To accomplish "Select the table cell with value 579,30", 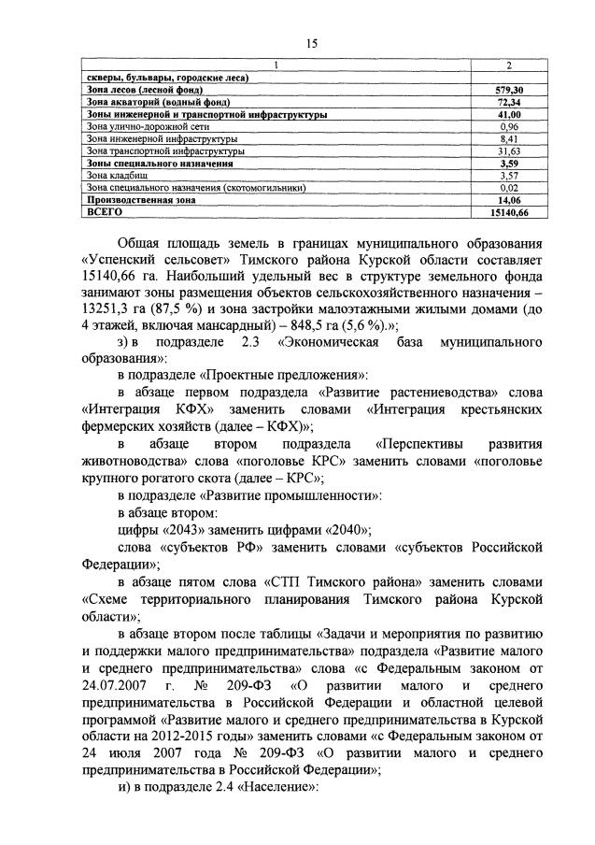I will (508, 89).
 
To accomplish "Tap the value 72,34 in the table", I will (508, 101).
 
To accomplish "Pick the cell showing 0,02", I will (508, 187).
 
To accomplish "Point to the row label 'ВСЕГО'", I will (104, 212).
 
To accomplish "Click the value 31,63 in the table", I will (508, 150).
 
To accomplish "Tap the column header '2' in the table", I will (508, 64).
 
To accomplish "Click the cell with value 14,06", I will (508, 200).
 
